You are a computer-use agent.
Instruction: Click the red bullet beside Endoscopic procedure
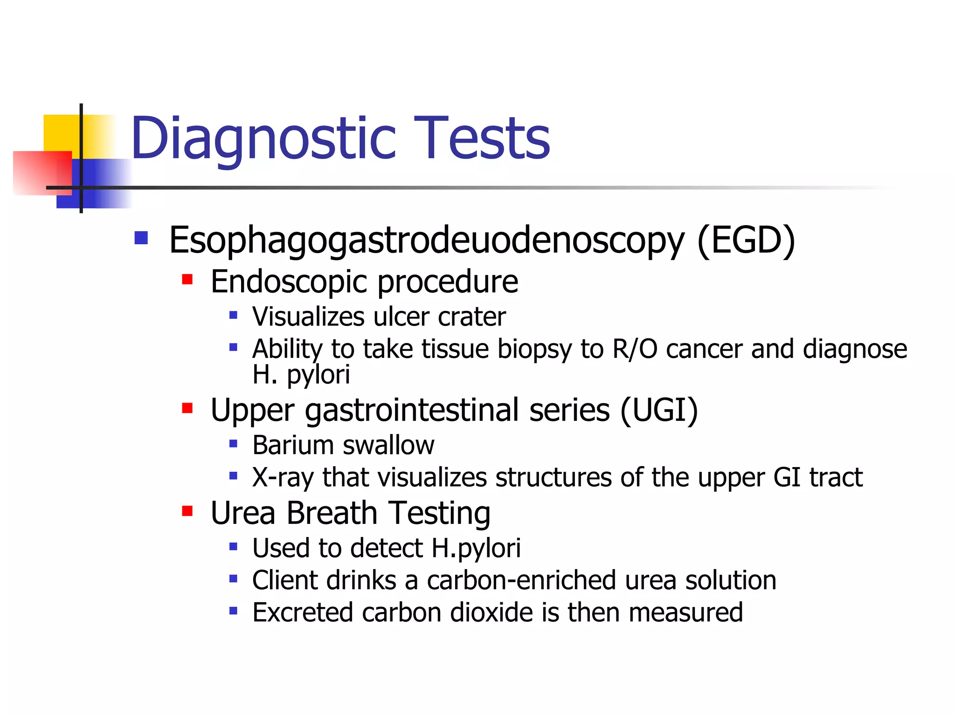187,280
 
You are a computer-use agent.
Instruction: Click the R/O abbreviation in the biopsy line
635,349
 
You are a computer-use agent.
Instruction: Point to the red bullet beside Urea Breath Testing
187,511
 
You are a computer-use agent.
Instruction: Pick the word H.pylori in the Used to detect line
476,548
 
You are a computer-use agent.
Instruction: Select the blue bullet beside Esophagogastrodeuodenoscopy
141,238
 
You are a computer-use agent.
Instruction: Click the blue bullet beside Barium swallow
234,443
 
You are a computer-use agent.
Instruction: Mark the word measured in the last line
685,613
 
